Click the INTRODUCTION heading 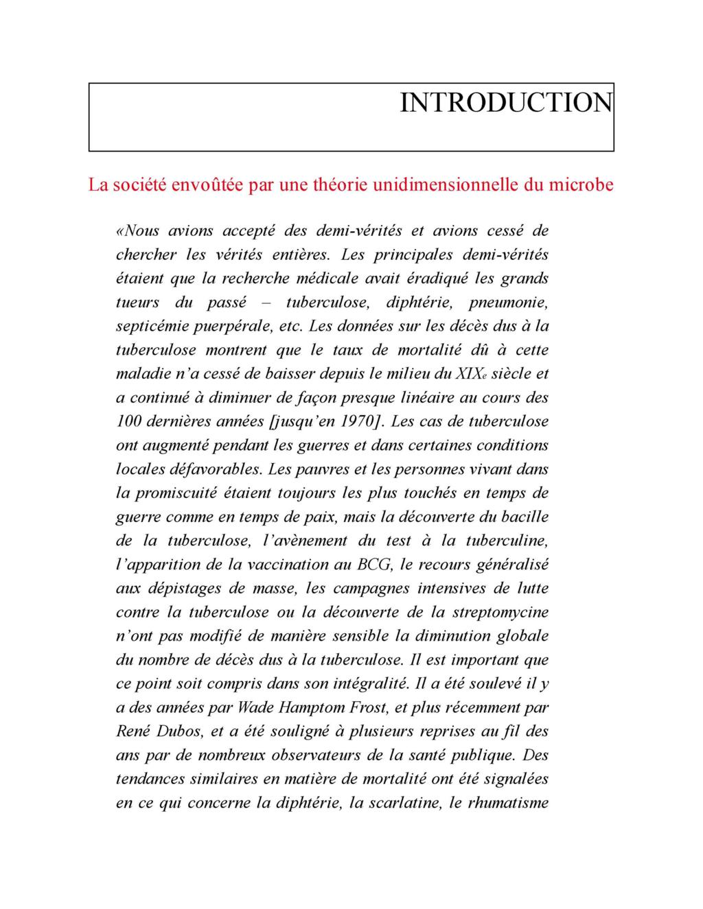(x=506, y=103)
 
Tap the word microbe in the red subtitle (x=581, y=185)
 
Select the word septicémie (x=147, y=327)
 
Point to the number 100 (x=128, y=421)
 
